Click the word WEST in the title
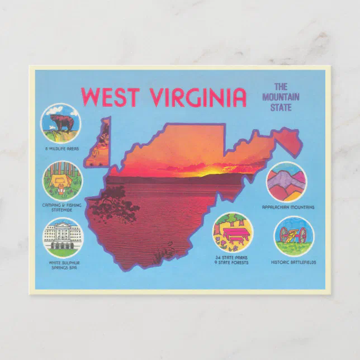tap(112, 97)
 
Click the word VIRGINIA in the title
tap(198, 97)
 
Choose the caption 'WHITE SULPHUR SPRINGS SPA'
tap(62, 265)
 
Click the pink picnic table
tap(235, 230)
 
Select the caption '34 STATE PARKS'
tap(232, 257)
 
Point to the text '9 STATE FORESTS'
tap(232, 262)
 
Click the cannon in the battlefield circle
tap(293, 234)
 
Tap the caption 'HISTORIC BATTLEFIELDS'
tap(293, 262)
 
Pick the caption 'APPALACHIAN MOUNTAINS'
tap(288, 207)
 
